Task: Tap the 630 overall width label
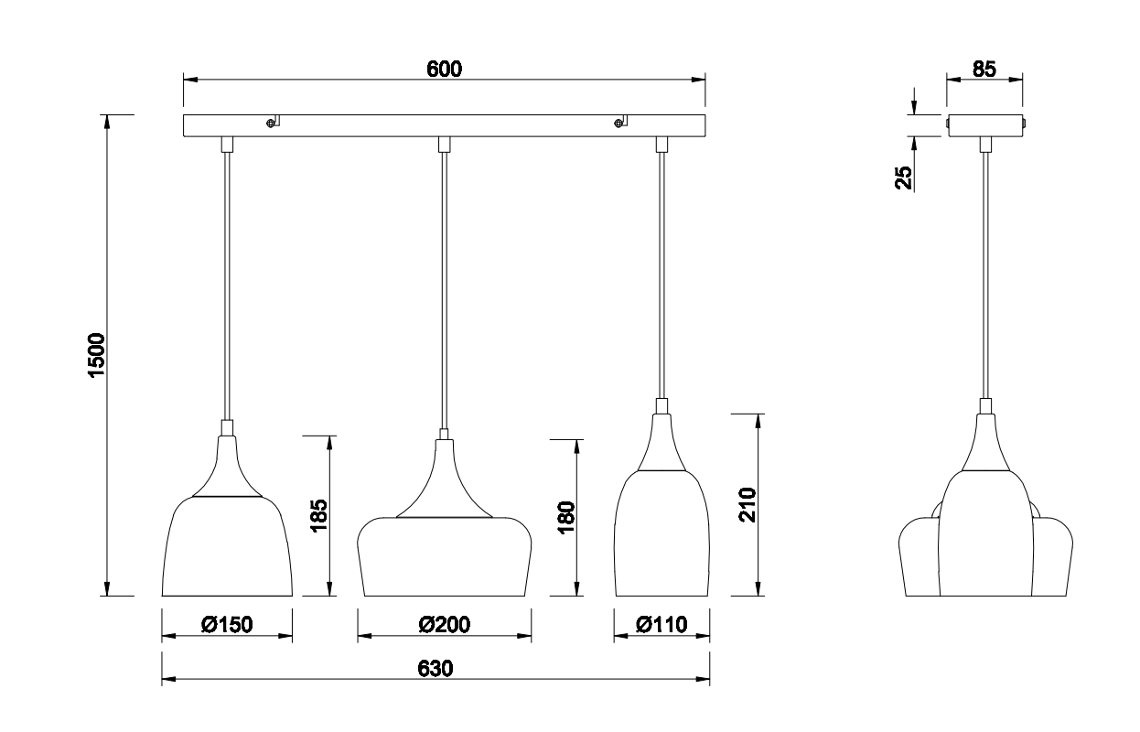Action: pos(436,669)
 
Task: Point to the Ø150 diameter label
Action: pos(227,625)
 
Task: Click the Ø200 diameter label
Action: pos(444,625)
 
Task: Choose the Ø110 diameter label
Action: pos(661,625)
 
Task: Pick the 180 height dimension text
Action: pos(566,519)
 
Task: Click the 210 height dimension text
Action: pos(747,505)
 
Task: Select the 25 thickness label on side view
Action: pos(904,177)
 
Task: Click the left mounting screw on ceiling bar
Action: pos(271,124)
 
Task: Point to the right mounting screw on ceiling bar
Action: pos(619,124)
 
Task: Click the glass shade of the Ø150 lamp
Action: pos(227,549)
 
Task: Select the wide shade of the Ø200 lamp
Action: pos(444,556)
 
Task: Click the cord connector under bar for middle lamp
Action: pos(444,144)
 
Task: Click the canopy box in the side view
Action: pos(984,124)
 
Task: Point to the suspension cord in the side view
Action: pos(985,274)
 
